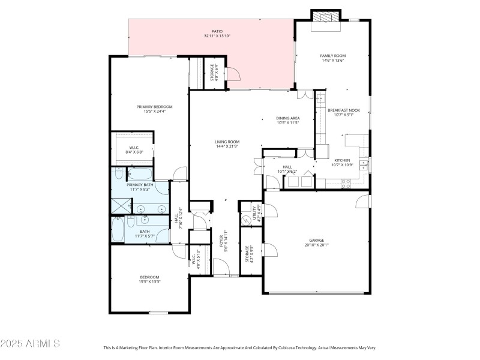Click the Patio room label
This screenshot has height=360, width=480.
pyautogui.click(x=217, y=31)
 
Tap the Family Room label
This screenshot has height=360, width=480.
pyautogui.click(x=333, y=56)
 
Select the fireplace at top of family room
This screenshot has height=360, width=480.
pyautogui.click(x=325, y=18)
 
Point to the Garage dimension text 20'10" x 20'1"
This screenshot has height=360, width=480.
pyautogui.click(x=316, y=245)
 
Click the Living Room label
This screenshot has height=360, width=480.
pyautogui.click(x=227, y=142)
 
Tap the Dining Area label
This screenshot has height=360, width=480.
pyautogui.click(x=288, y=118)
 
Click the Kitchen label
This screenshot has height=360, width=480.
pyautogui.click(x=342, y=160)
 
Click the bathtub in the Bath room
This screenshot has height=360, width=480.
pyautogui.click(x=118, y=230)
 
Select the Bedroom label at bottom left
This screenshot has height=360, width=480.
pyautogui.click(x=149, y=277)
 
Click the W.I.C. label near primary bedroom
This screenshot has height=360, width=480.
pyautogui.click(x=135, y=148)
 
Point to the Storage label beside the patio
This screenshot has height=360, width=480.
pyautogui.click(x=212, y=73)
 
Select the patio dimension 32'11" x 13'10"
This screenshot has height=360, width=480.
pyautogui.click(x=217, y=36)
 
